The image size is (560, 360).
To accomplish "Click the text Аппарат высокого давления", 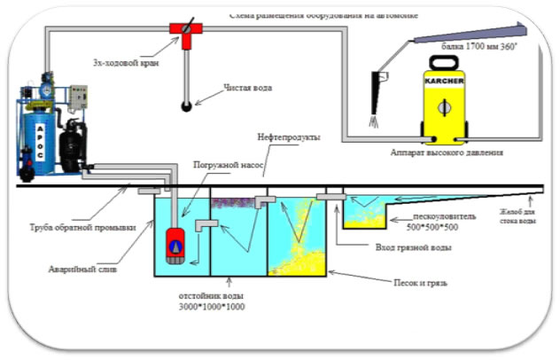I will point(447,153).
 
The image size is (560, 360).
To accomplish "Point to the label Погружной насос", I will point(222,165).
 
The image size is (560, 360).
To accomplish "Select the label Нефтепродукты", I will point(288,139).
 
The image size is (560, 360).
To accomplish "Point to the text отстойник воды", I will point(209,295).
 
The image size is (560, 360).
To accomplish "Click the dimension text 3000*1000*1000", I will point(209,307).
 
